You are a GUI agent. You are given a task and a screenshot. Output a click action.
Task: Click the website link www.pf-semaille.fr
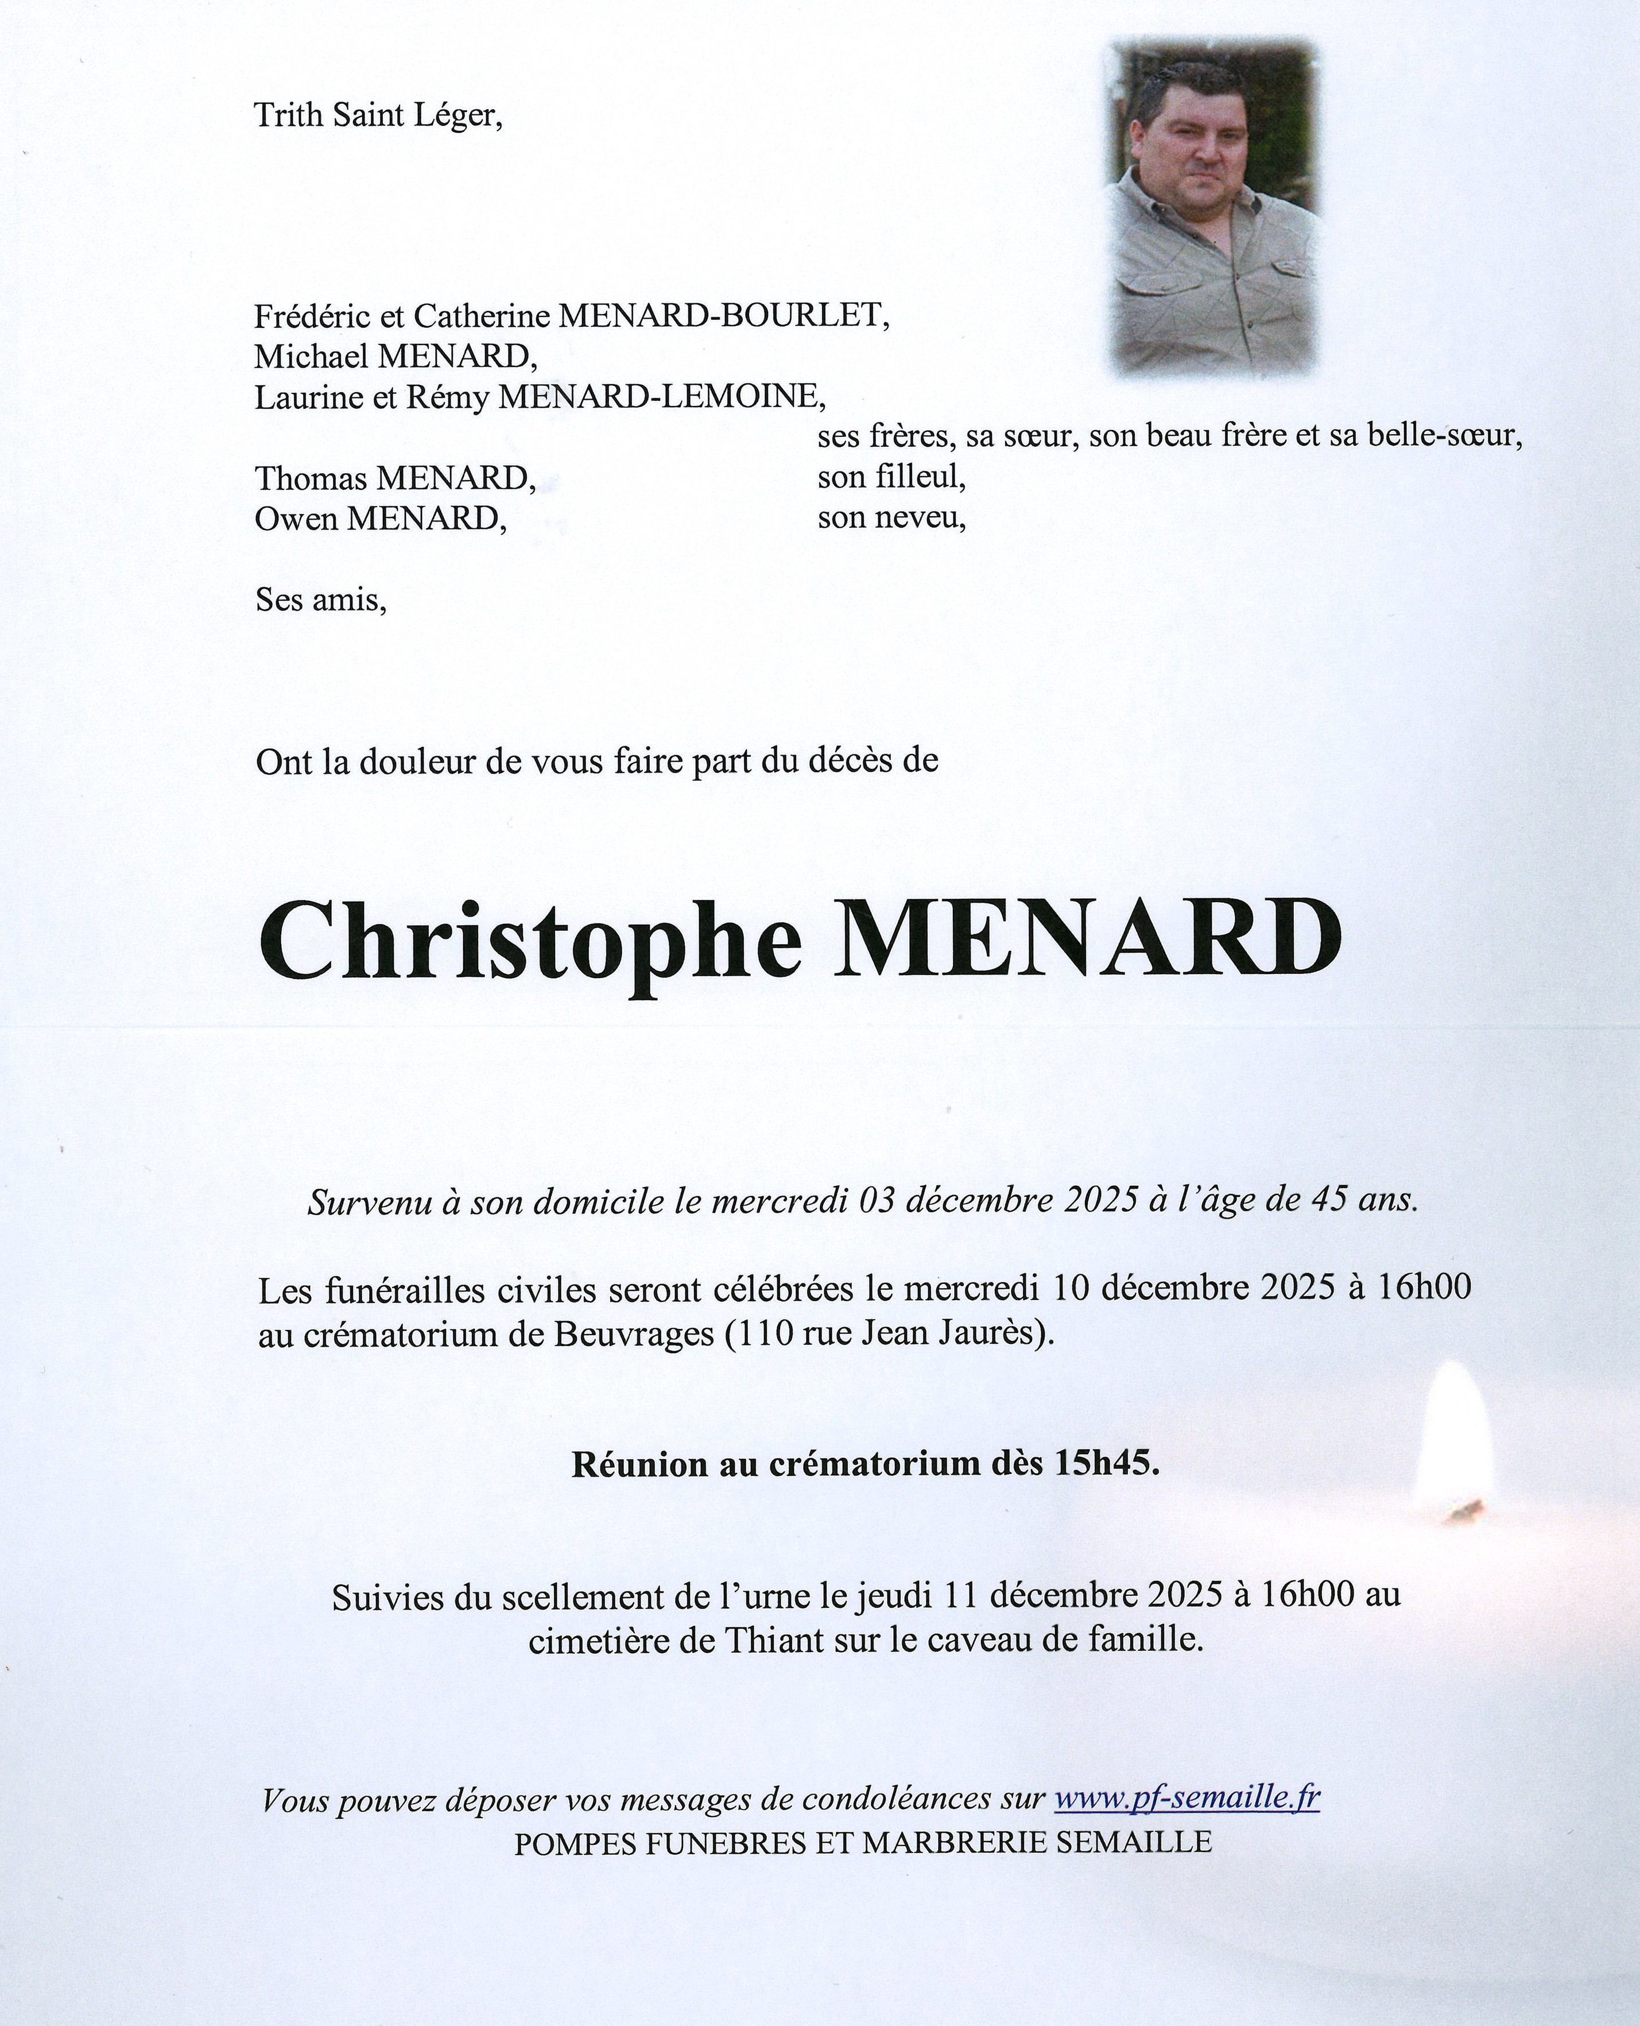[1187, 1798]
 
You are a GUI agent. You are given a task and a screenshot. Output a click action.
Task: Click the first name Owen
[296, 519]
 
